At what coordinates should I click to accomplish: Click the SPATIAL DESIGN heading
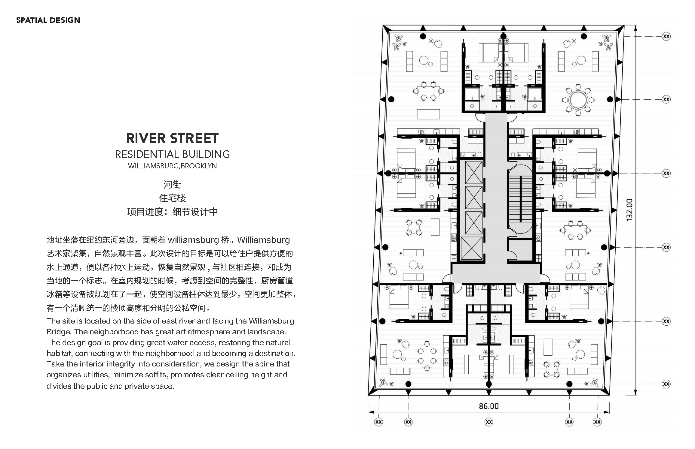pos(48,20)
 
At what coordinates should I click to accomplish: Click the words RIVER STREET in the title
pos(172,138)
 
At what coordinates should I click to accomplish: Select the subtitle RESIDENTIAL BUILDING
pos(172,154)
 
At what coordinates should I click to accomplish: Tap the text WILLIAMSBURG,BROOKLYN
pos(172,166)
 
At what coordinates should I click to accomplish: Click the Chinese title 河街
pos(172,184)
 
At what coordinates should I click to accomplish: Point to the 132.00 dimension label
pos(629,210)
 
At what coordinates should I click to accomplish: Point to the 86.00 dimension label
pos(488,406)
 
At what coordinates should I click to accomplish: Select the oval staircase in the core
pos(520,199)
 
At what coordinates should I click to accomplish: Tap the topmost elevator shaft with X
pos(473,172)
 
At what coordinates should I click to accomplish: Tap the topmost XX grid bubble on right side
pos(666,37)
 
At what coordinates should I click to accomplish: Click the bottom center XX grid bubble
pos(489,422)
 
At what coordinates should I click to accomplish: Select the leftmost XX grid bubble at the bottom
pos(378,422)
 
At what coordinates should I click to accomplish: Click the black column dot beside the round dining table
pos(610,99)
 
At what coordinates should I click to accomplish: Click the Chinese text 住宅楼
pos(172,198)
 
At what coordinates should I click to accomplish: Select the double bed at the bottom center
pos(488,364)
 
